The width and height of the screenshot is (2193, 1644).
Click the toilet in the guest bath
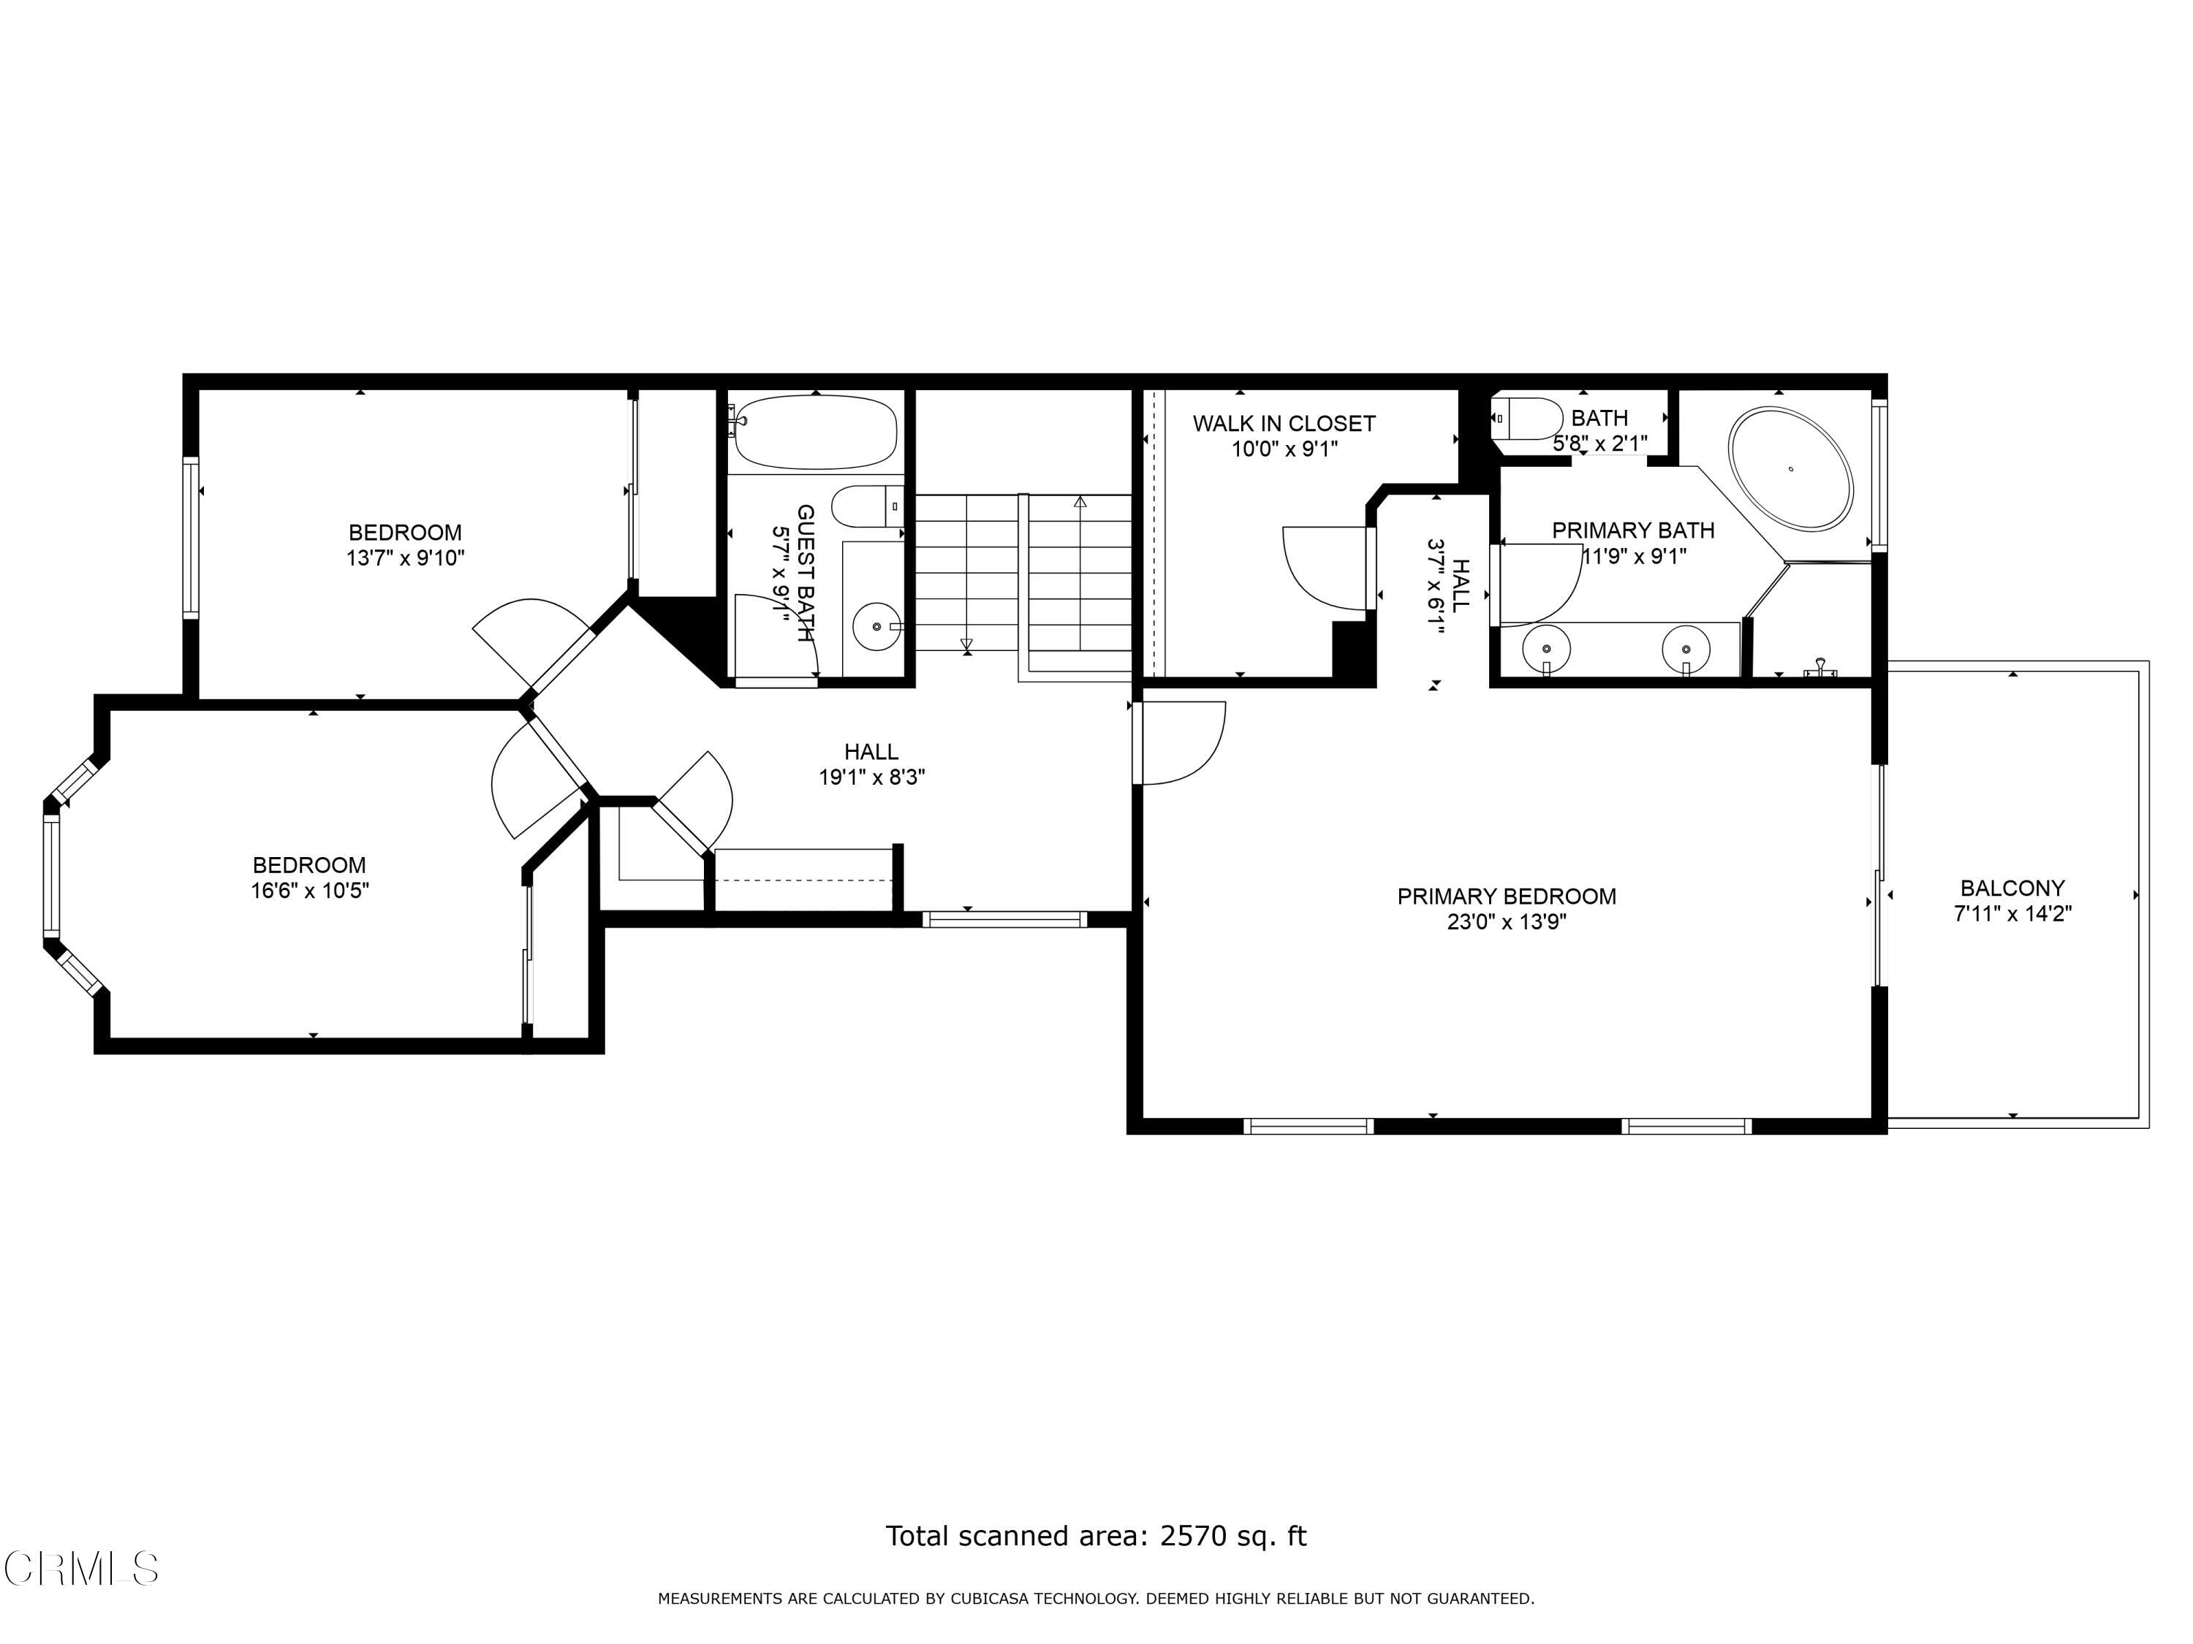[865, 506]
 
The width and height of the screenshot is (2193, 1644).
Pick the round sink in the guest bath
[876, 626]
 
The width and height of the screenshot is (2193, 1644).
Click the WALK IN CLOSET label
[1283, 424]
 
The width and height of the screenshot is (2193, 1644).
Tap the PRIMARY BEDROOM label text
[1506, 897]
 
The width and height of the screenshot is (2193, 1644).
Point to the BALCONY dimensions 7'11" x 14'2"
[2012, 913]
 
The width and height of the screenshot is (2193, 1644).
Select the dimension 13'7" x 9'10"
[404, 559]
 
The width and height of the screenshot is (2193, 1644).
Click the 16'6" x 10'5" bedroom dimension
[309, 891]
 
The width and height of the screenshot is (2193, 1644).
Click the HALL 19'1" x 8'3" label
[871, 765]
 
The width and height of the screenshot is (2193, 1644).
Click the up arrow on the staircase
[1080, 503]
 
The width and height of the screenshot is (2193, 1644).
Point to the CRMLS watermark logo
[81, 1569]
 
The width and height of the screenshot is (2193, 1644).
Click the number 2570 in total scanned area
[1194, 1536]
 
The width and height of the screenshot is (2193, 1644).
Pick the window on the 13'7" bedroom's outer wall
[190, 537]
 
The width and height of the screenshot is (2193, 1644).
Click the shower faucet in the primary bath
[1820, 668]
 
